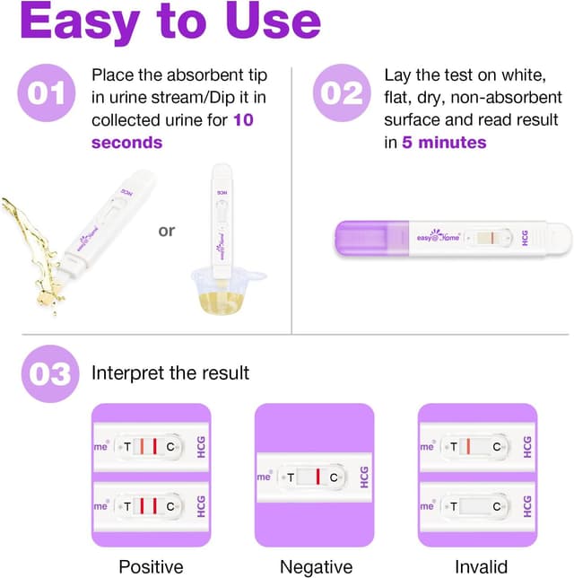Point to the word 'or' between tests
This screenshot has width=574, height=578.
click(167, 231)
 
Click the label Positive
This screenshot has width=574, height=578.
click(151, 566)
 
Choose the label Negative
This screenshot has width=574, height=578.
click(315, 566)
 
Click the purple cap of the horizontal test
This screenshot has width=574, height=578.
click(367, 239)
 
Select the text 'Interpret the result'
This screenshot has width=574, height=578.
click(170, 372)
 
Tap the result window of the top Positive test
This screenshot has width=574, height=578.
click(149, 446)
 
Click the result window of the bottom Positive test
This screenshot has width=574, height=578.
click(149, 507)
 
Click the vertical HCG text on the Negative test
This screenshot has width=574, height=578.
click(363, 477)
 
